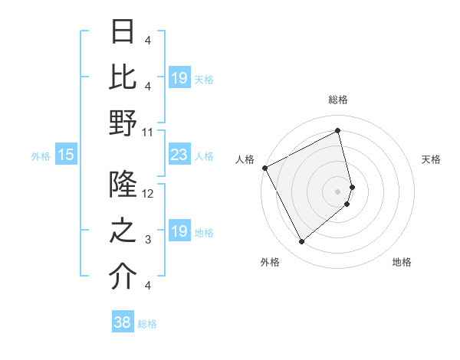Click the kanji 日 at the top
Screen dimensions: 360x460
pyautogui.click(x=123, y=31)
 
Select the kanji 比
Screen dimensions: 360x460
pyautogui.click(x=123, y=77)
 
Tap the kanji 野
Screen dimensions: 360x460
pyautogui.click(x=123, y=123)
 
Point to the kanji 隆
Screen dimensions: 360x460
pyautogui.click(x=123, y=185)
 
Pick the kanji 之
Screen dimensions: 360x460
pyautogui.click(x=123, y=231)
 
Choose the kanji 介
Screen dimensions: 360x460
pyautogui.click(x=123, y=277)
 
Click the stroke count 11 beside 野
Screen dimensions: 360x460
pyautogui.click(x=147, y=133)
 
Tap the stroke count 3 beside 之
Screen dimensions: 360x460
pyautogui.click(x=147, y=240)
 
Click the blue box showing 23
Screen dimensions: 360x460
pyautogui.click(x=179, y=155)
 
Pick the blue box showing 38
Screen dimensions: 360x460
pyautogui.click(x=122, y=323)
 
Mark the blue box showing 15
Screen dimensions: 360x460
pyautogui.click(x=65, y=155)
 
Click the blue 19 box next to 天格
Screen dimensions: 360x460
pyautogui.click(x=179, y=79)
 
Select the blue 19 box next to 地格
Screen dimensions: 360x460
pyautogui.click(x=179, y=232)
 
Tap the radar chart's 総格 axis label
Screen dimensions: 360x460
pyautogui.click(x=338, y=100)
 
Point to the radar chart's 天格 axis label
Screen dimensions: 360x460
pyautogui.click(x=431, y=159)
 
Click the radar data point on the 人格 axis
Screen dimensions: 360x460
pyautogui.click(x=264, y=167)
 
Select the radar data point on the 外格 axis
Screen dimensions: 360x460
pyautogui.click(x=301, y=242)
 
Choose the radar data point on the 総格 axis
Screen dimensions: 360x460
pyautogui.click(x=338, y=131)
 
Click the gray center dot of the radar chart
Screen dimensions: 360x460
pyautogui.click(x=338, y=191)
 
